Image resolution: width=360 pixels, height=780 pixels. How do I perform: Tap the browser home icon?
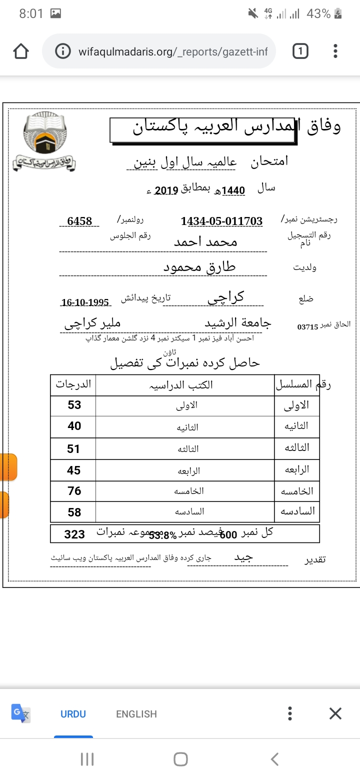pos(21,51)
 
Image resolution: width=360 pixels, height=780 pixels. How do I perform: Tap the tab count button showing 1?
pos(300,51)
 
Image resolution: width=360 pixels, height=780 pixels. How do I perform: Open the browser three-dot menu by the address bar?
pos(335,51)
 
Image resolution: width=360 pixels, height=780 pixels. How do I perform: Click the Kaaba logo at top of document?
pos(44,135)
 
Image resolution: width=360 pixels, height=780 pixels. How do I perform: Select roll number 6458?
pos(79,221)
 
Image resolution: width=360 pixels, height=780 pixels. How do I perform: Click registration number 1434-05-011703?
pos(221,221)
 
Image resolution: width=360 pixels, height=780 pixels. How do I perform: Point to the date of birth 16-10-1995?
pos(85,302)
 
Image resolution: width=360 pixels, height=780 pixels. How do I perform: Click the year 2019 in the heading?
pos(166,190)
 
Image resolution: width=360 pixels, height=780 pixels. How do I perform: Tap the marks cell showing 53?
pos(74,405)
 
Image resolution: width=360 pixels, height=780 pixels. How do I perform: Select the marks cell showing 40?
pos(74,426)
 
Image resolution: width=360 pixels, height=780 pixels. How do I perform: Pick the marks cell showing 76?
pos(74,491)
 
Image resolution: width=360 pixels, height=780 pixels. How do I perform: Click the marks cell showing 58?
pos(74,512)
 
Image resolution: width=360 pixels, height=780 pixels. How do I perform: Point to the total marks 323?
pos(74,534)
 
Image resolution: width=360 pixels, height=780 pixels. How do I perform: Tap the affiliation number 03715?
pos(307,326)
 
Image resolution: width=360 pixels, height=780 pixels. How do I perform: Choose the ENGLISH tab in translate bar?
pos(136,714)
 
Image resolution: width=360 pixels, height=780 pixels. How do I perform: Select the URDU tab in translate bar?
pos(73,714)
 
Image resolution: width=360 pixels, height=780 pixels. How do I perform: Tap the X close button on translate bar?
pos(335,713)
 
